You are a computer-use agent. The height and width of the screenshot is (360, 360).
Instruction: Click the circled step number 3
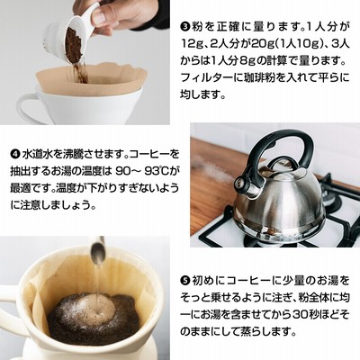coord(184,28)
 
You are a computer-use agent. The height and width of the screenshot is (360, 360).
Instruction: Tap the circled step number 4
coord(14,155)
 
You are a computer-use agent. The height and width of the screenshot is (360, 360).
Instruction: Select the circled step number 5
coord(184,281)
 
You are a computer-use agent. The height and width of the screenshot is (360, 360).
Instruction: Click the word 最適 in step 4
coord(22,188)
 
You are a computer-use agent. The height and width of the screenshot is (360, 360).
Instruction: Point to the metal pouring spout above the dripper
coord(98,251)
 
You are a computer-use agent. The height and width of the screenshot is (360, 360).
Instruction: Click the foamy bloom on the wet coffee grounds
coord(90,308)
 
